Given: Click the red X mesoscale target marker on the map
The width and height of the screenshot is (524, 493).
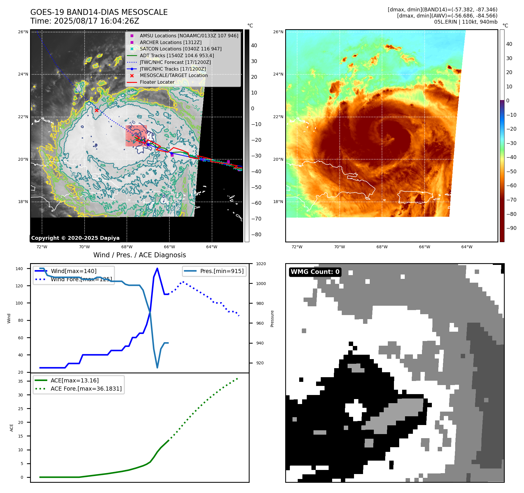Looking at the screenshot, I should [x=97, y=110].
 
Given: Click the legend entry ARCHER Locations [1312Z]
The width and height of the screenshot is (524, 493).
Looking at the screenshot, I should [x=170, y=42].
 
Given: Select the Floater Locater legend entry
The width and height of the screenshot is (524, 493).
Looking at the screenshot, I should [x=157, y=82].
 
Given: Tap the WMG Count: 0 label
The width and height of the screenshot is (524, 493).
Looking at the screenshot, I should [x=315, y=272].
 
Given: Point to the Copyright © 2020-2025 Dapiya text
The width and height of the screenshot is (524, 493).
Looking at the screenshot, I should [x=75, y=238].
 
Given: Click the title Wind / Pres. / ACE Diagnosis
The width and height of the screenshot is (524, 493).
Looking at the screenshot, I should [x=139, y=255].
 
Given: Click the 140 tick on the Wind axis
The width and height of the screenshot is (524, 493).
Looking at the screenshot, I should [x=19, y=269].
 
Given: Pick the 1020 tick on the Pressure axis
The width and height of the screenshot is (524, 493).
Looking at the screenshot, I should [x=261, y=264].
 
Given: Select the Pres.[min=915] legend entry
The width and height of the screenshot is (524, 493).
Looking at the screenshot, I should [x=222, y=271].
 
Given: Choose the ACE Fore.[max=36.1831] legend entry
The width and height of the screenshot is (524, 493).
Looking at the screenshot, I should [x=86, y=389].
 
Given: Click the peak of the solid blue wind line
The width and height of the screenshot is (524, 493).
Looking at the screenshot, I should [x=157, y=268].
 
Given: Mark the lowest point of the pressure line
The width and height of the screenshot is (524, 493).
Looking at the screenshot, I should [x=157, y=368].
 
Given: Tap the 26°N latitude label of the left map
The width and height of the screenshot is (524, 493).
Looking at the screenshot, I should [x=23, y=32].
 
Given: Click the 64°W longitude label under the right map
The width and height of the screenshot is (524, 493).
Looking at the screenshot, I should [x=467, y=247].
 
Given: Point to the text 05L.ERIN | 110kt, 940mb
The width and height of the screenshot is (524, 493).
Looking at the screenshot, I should [x=465, y=22].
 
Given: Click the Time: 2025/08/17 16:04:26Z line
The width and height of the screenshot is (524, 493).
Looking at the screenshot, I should [x=85, y=21].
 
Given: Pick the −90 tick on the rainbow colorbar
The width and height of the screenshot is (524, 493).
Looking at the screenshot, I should [x=511, y=228].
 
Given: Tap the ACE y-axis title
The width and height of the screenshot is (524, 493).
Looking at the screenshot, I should [x=12, y=428].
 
